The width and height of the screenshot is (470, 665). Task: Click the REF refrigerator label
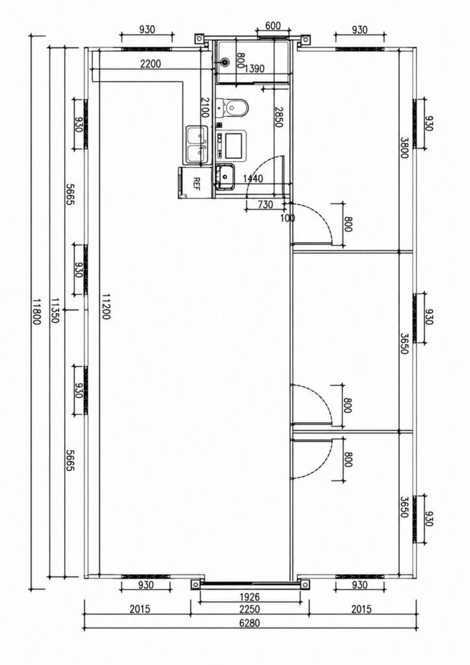pos(196,183)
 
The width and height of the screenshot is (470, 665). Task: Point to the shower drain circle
pos(224,62)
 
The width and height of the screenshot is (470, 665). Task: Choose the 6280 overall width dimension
pos(250,623)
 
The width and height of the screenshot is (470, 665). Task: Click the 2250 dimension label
pos(250,609)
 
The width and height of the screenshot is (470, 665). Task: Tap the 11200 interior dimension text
pos(106,307)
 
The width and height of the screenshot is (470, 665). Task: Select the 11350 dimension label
pos(55,311)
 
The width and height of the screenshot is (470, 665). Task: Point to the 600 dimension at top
pos(272,26)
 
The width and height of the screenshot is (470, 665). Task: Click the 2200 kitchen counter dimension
pos(151,64)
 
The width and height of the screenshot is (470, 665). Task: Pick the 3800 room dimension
pos(404,147)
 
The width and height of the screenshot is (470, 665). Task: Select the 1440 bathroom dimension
pos(253,179)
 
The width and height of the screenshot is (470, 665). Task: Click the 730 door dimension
pos(265,205)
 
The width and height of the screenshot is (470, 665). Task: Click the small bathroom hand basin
pos(225,176)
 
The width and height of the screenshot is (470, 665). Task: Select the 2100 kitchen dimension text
pos(205,108)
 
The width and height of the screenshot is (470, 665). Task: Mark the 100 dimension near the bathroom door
pos(287,218)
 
